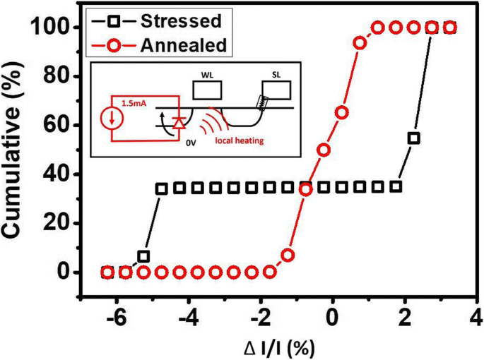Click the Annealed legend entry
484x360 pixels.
click(170, 46)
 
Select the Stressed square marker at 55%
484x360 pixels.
click(414, 138)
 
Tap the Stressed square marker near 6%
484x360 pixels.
click(143, 256)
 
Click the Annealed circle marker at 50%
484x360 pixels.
click(324, 150)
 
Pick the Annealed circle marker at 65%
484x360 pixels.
click(342, 113)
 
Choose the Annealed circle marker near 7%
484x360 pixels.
click(288, 255)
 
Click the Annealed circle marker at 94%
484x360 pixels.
click(360, 42)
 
